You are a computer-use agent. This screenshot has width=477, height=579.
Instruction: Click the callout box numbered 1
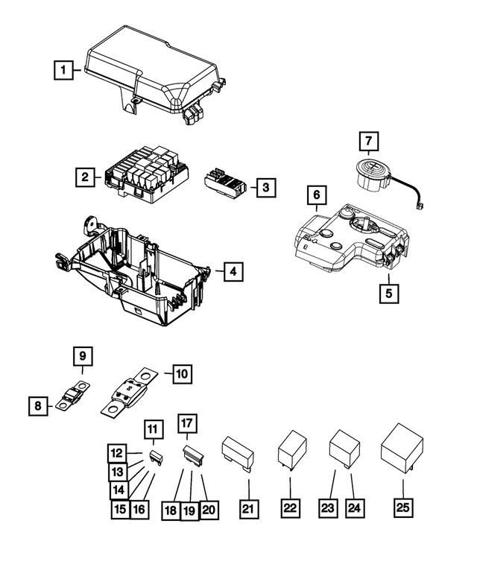[64, 71]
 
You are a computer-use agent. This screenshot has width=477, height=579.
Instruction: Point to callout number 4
[233, 272]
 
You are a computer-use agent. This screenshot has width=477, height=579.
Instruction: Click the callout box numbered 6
[317, 195]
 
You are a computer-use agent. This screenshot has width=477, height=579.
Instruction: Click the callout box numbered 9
[83, 357]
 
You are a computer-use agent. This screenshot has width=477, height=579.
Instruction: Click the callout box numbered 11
[153, 428]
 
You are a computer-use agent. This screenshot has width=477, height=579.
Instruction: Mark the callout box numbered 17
[186, 423]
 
